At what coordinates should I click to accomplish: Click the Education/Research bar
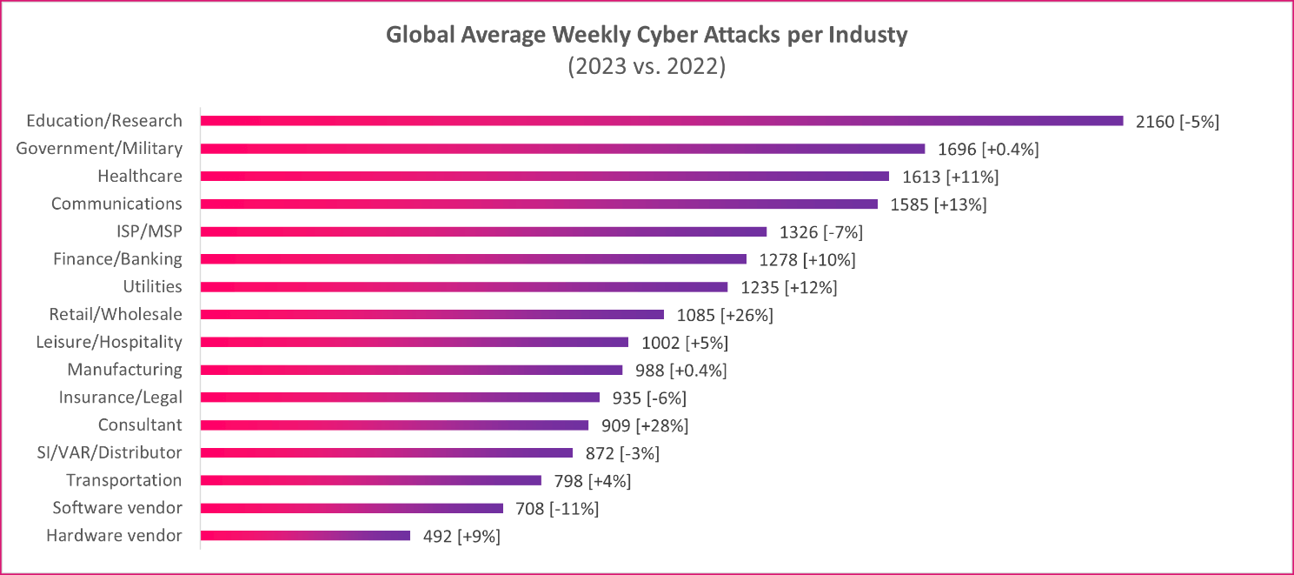point(661,121)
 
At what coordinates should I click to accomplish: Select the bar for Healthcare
point(545,176)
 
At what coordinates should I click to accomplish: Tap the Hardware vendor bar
point(305,536)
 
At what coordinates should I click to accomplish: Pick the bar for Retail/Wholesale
point(432,315)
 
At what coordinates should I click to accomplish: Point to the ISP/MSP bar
point(483,231)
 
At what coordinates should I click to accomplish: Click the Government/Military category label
point(99,149)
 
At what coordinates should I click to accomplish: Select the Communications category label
point(116,204)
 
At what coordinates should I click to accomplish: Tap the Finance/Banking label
point(117,259)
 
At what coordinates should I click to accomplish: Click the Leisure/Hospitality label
point(109,342)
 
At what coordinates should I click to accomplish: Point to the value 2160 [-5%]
point(1178,122)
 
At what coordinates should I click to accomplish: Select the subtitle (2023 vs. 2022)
point(647,67)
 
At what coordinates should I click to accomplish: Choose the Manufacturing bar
point(411,370)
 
